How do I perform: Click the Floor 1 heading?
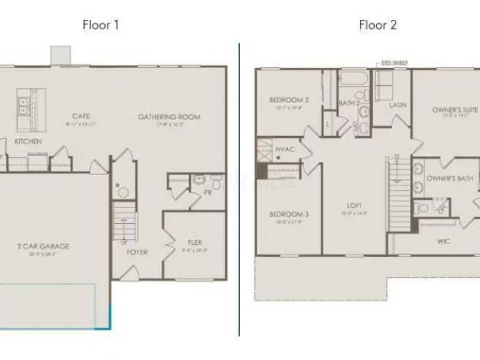101,25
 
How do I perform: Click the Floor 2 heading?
378,25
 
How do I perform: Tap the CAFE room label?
82,116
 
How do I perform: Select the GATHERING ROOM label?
169,117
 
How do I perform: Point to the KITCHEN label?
28,142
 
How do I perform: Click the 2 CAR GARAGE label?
44,246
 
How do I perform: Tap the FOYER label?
137,252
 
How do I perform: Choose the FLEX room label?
194,242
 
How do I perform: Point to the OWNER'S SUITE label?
455,110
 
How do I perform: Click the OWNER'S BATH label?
449,179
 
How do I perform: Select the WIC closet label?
444,241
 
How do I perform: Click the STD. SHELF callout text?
395,62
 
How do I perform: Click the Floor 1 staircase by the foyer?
123,222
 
